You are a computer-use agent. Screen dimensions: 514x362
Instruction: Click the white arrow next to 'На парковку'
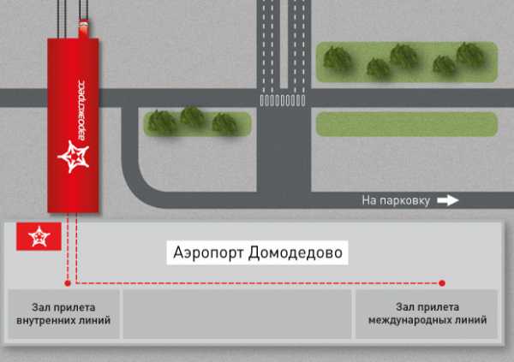(x=448, y=200)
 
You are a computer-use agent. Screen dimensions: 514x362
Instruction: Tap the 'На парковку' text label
(x=396, y=200)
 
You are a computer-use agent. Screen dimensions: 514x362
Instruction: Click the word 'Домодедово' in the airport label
(x=295, y=253)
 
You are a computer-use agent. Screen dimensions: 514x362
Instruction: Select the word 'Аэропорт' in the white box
(x=208, y=253)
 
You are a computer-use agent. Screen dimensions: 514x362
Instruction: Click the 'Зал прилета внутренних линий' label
(x=63, y=314)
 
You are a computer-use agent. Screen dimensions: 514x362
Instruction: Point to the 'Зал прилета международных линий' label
(x=427, y=313)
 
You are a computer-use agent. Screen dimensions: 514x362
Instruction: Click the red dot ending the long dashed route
(x=442, y=283)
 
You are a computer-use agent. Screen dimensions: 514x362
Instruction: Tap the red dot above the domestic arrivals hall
(x=68, y=283)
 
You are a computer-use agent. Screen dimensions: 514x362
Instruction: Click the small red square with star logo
(x=39, y=236)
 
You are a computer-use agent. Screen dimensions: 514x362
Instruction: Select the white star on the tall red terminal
(x=74, y=157)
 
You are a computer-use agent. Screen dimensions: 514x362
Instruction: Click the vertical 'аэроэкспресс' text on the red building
(x=81, y=110)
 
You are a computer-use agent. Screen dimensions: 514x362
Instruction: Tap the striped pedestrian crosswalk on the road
(x=283, y=100)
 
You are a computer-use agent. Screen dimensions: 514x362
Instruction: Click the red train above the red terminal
(x=84, y=28)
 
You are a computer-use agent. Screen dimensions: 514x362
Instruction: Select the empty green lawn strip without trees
(x=407, y=124)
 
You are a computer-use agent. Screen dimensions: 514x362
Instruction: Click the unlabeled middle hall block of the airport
(x=237, y=314)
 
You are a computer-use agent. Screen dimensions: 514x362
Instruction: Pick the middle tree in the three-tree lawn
(x=193, y=117)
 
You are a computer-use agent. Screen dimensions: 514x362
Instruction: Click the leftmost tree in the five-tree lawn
(x=338, y=59)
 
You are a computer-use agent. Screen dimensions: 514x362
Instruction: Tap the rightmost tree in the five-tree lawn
(x=470, y=55)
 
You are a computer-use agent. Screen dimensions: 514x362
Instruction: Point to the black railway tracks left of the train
(x=62, y=19)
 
